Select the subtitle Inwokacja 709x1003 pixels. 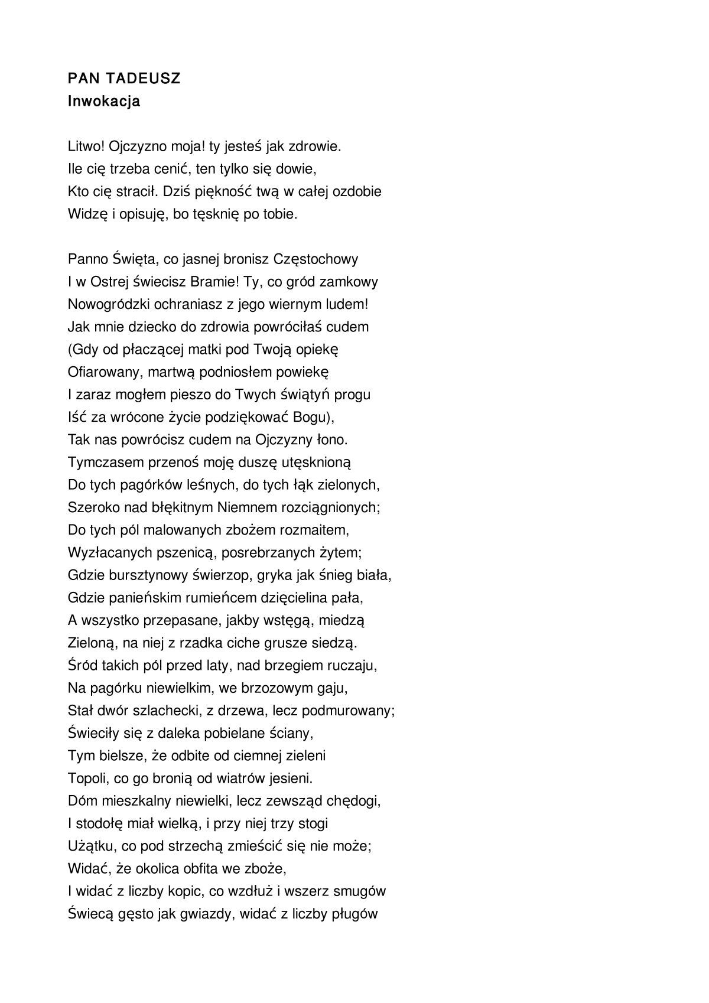104,101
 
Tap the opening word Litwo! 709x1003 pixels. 86,146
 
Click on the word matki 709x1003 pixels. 206,349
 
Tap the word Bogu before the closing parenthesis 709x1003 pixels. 309,417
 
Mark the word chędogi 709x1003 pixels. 353,801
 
